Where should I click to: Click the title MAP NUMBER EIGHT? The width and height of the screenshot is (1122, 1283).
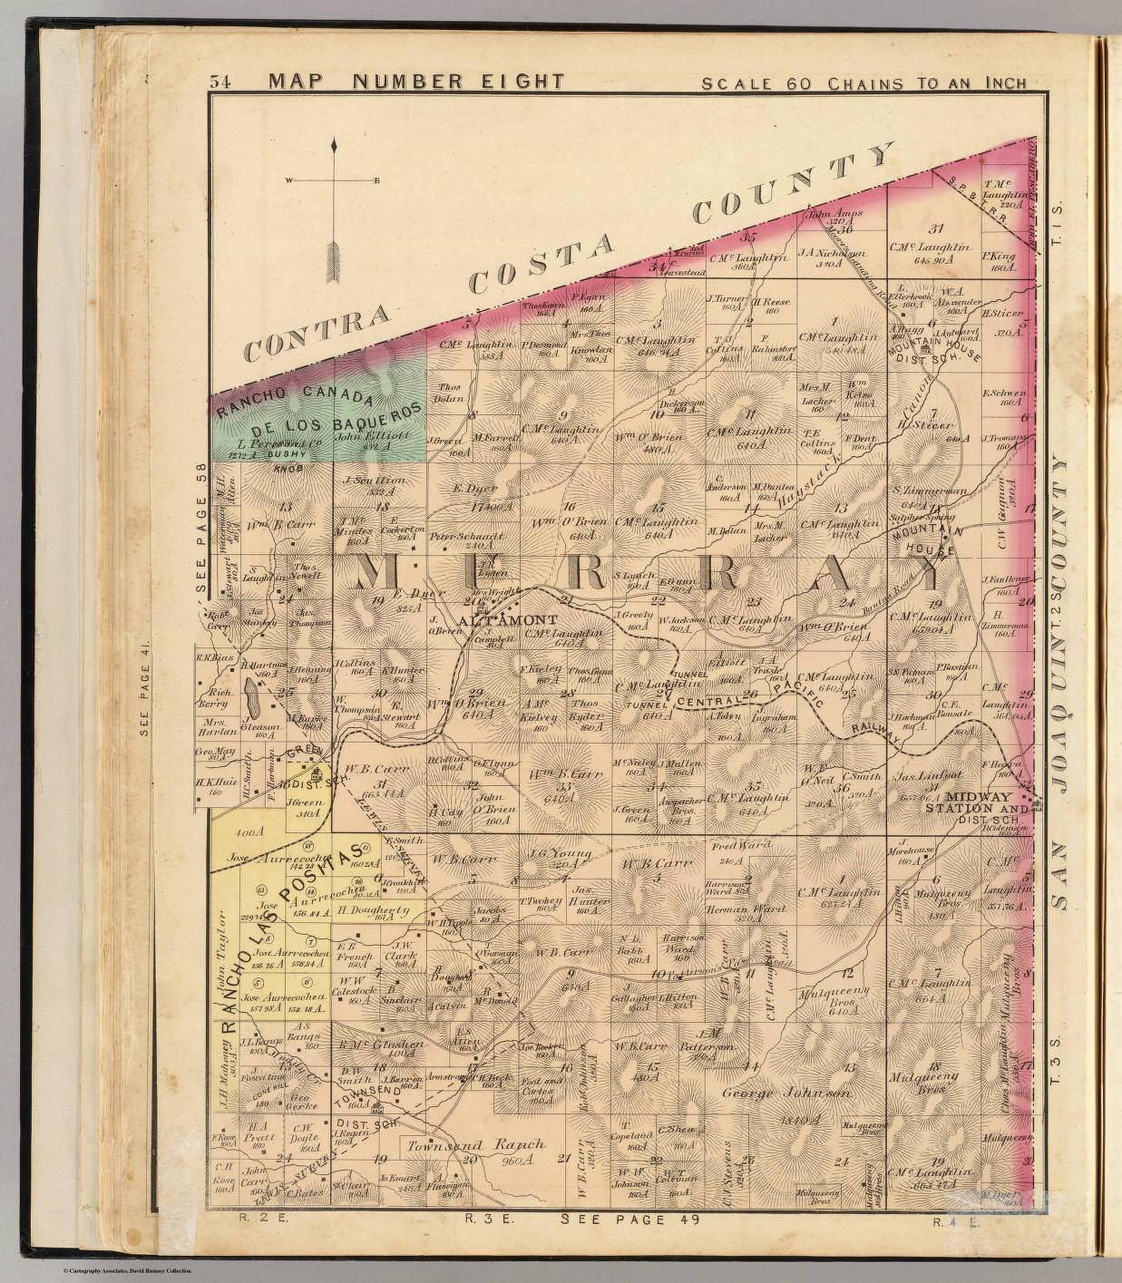416,82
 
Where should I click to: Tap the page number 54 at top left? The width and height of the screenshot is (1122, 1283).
220,82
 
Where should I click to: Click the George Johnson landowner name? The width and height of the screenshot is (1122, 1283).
785,1093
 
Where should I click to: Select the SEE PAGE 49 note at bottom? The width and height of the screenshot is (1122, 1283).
630,1220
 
